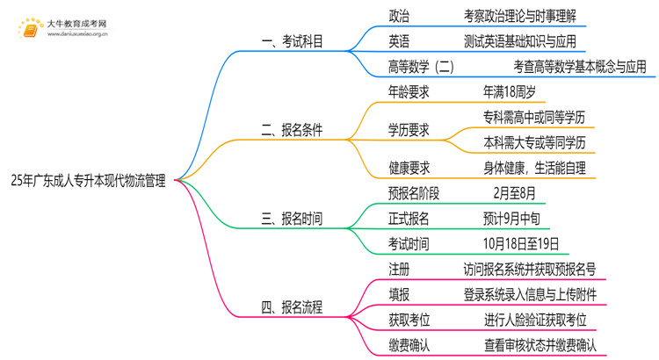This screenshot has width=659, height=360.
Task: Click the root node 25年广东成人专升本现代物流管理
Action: click(88, 181)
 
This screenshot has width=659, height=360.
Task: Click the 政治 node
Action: click(399, 17)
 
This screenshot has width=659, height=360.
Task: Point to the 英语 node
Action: click(399, 41)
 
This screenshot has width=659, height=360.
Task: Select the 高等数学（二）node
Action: click(421, 66)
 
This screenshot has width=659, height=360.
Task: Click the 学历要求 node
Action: click(409, 130)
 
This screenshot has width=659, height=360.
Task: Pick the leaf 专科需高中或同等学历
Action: click(534, 117)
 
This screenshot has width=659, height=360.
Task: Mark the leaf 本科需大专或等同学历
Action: click(534, 142)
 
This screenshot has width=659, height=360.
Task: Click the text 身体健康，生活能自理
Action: click(534, 168)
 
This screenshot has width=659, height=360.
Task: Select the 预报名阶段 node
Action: click(414, 193)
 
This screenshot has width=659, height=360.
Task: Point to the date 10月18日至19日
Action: click(520, 243)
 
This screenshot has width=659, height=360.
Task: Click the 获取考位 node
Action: click(409, 320)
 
